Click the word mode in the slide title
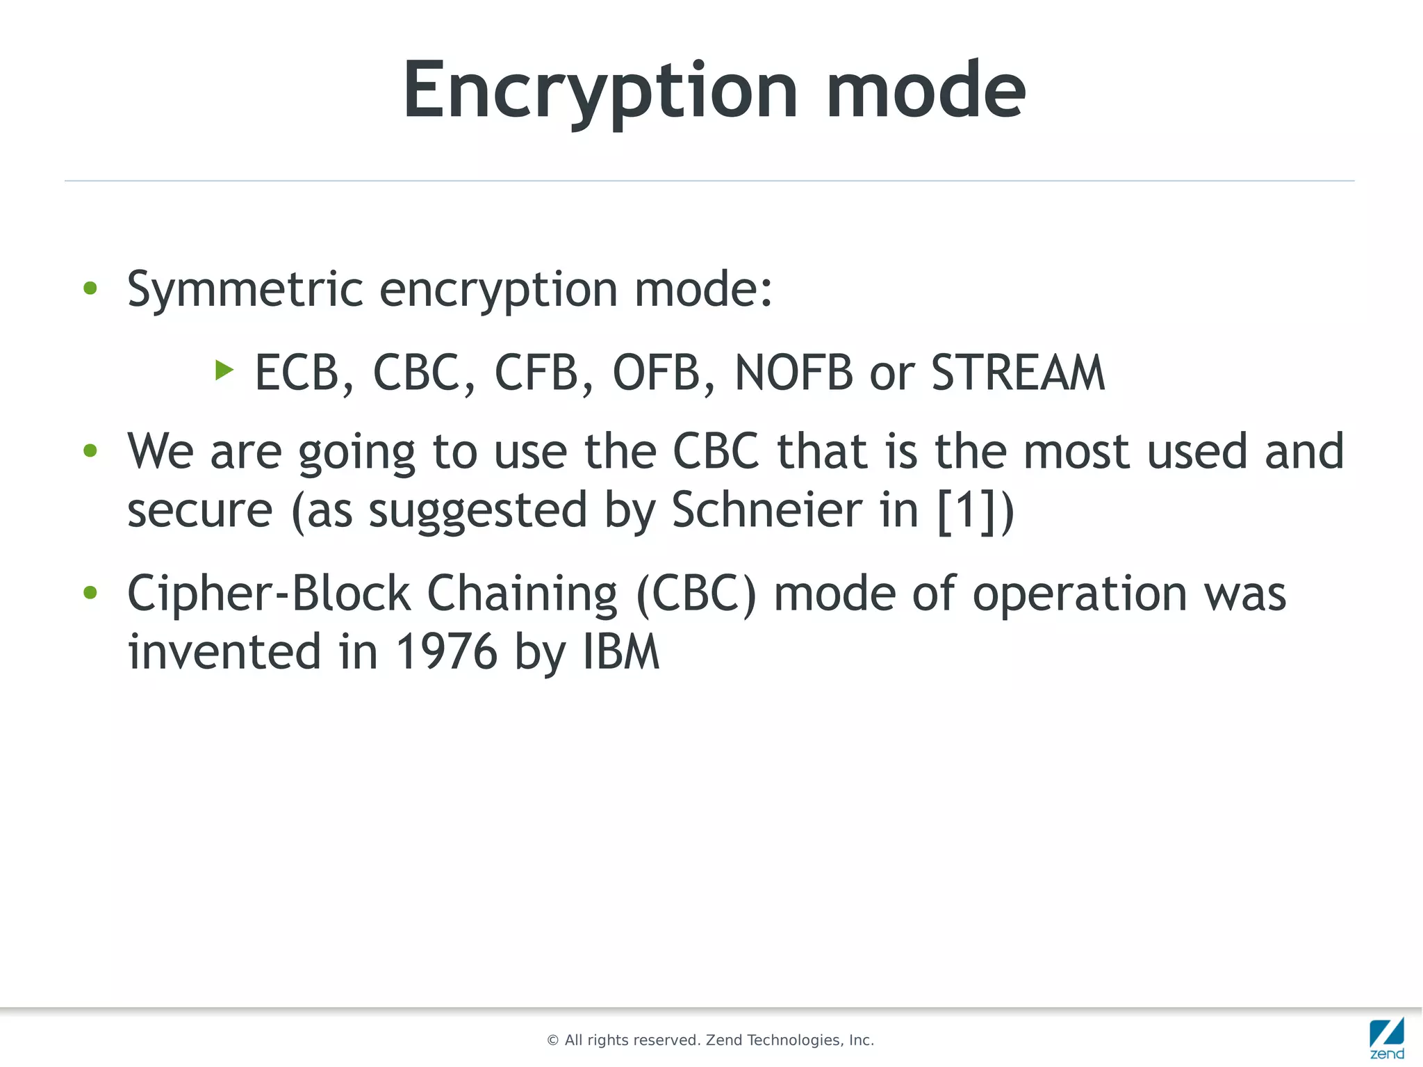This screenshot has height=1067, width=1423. click(x=926, y=91)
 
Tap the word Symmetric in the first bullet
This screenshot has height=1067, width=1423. click(x=245, y=289)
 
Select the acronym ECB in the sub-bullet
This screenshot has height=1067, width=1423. click(x=297, y=373)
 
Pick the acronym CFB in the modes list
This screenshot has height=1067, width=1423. click(x=536, y=373)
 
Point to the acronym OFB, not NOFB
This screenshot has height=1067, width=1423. click(x=656, y=373)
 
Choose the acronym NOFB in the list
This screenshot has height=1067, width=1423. click(x=793, y=373)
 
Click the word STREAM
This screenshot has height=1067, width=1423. click(x=1018, y=373)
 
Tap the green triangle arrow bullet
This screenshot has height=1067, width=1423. click(x=224, y=370)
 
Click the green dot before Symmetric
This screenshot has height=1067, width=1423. click(x=90, y=288)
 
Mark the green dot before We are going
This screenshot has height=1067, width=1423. click(x=90, y=451)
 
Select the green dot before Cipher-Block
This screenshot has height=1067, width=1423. click(x=90, y=593)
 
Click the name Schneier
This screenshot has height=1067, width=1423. click(x=767, y=510)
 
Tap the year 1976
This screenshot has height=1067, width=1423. click(x=446, y=652)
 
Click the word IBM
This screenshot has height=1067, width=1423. click(x=620, y=652)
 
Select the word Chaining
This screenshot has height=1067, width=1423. click(x=522, y=594)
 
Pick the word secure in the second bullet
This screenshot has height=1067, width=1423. click(x=200, y=510)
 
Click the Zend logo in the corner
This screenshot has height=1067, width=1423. click(x=1387, y=1038)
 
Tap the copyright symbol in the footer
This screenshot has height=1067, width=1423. click(x=553, y=1041)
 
